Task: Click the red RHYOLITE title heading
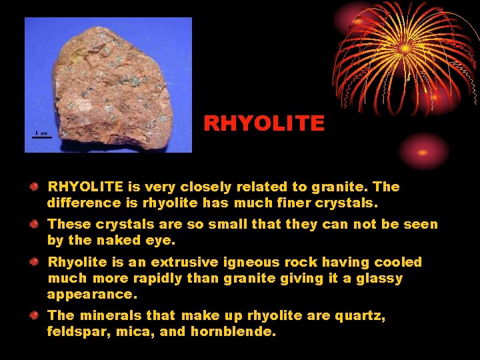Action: pos(264,123)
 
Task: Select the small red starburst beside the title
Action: pos(423,151)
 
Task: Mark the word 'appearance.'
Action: pos(90,293)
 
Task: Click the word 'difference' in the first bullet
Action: pos(84,202)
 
